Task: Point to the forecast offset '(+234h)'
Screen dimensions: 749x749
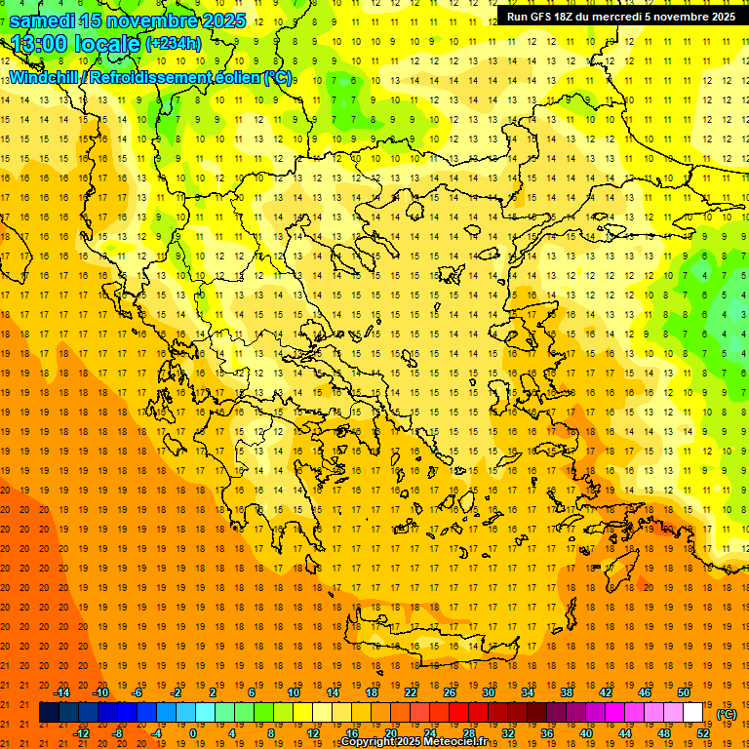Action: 173,43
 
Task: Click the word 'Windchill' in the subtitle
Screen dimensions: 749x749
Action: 46,77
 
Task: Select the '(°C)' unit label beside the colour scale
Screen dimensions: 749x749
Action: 727,715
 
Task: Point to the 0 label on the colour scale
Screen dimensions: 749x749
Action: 193,733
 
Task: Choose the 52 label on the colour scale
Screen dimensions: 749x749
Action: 703,733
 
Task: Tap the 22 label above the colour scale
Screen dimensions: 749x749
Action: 411,692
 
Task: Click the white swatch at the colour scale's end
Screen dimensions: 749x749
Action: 692,713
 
